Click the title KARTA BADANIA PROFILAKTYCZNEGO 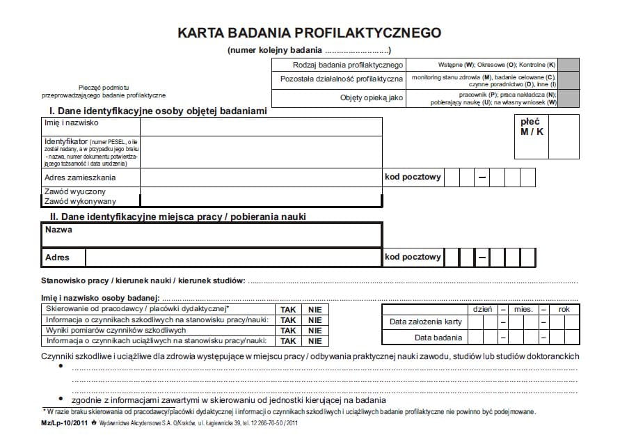coord(309,33)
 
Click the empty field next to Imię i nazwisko coord(261,127)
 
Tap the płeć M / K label coord(532,127)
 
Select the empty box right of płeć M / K coord(563,137)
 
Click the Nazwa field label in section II coord(59,230)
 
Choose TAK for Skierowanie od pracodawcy coord(288,309)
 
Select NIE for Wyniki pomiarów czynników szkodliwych coord(315,331)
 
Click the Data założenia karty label coord(426,322)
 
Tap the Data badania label coord(438,338)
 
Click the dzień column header coord(483,308)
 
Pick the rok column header coord(564,308)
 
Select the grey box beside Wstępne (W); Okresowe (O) coord(569,64)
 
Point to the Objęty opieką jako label coord(372,97)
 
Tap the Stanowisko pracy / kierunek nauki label coord(143,280)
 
